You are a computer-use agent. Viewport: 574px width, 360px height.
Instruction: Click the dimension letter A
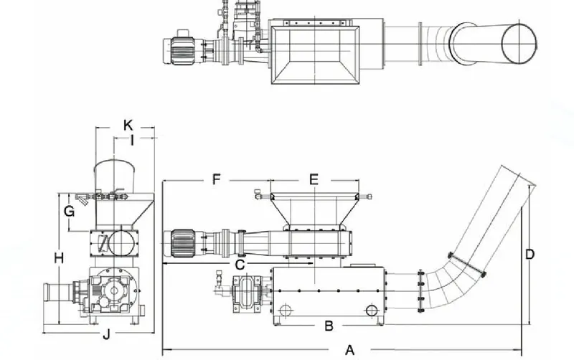coord(350,349)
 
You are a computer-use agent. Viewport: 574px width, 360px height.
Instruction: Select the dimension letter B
coord(329,326)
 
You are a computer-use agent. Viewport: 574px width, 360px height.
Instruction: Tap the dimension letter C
coord(241,265)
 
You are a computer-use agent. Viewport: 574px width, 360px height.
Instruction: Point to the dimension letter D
coord(529,254)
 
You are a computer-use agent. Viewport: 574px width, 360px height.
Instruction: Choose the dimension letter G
coord(69,212)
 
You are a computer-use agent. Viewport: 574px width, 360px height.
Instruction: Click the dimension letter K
coord(128,124)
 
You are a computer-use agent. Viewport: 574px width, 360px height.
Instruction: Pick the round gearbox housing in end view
coord(116,290)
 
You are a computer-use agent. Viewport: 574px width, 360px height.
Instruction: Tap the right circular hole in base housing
coord(371,310)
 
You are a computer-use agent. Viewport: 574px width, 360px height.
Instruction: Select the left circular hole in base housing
coord(285,310)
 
